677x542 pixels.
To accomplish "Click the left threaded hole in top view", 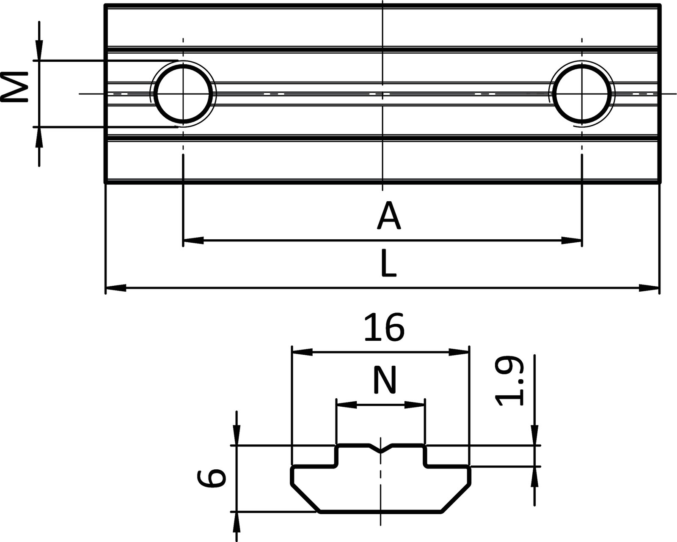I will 183,93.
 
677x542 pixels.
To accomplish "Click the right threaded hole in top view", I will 582,93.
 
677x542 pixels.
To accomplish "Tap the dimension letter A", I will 388,216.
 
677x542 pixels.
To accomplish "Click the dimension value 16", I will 384,328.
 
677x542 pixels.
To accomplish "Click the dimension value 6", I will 211,478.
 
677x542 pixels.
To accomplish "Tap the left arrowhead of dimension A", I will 193,241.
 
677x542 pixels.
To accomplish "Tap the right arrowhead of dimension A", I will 572,241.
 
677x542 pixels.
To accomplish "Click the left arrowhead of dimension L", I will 115,288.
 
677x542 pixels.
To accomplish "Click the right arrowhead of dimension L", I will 649,288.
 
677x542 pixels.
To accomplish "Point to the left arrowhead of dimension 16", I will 302,352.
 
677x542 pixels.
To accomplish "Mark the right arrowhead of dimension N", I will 415,405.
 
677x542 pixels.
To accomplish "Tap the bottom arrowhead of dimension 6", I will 237,522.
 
